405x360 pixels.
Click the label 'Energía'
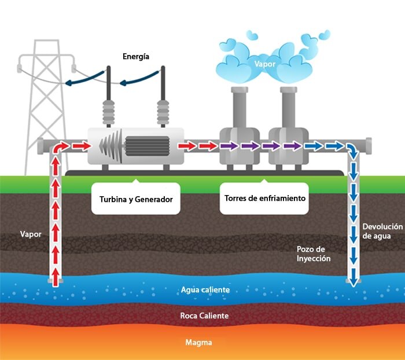136,57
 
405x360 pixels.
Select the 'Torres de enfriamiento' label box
264,198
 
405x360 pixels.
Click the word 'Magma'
198,343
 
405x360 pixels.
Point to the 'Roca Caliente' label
204,316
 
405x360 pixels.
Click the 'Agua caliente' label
205,289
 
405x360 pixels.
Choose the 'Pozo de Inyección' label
314,254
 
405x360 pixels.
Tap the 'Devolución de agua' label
381,231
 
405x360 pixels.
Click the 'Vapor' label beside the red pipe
30,235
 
